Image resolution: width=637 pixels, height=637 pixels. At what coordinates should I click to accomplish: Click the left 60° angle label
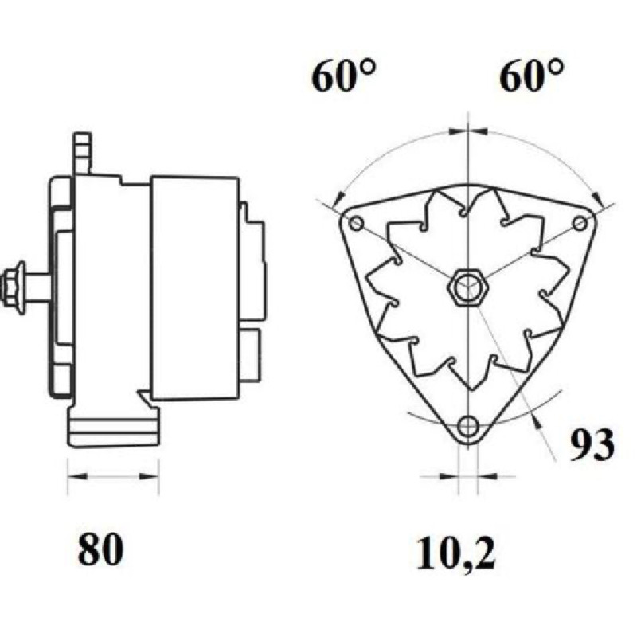[344, 76]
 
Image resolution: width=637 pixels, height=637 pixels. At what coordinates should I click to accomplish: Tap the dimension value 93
[591, 444]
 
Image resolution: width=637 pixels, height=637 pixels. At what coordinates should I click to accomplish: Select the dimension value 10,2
[455, 553]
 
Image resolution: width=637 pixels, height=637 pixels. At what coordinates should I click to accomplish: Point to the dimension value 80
[100, 549]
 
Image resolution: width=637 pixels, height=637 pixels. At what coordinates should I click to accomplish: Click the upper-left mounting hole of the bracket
[356, 223]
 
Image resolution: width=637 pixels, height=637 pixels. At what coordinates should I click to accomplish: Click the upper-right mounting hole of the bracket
[580, 223]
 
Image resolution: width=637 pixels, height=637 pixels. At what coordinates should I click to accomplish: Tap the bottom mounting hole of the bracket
[468, 426]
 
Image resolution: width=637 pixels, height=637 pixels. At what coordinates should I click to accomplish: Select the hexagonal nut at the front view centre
[468, 287]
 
